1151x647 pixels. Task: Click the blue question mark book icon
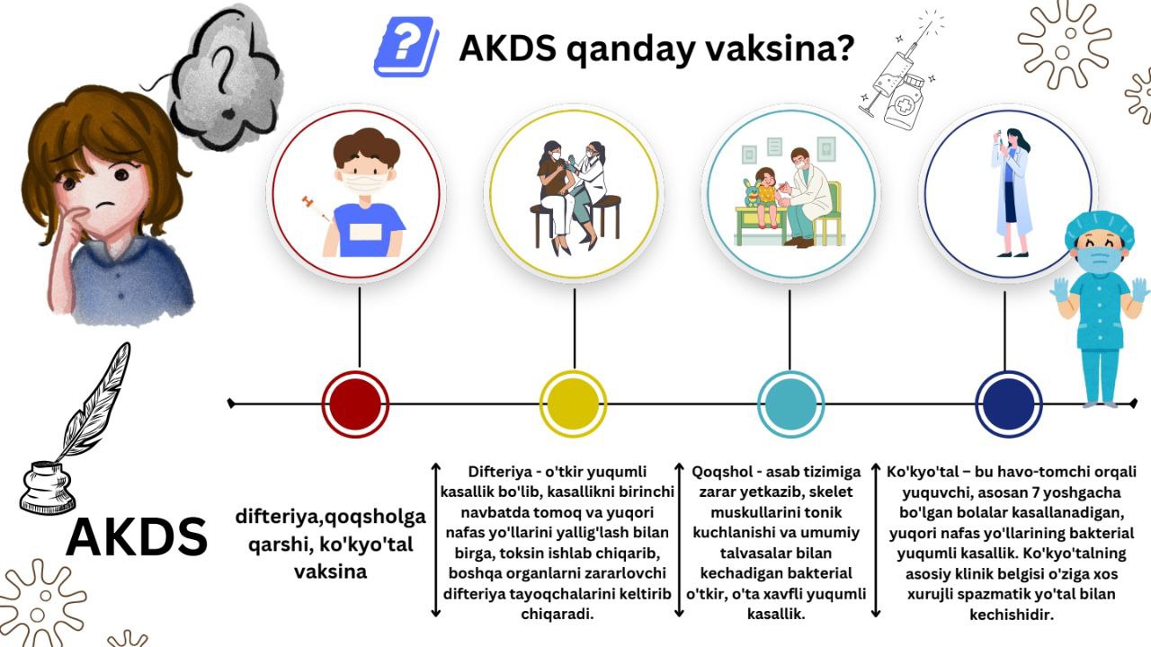coord(406,48)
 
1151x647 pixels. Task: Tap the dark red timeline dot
coord(355,404)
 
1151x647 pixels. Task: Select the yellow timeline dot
coord(573,404)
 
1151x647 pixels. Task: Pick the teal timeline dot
coord(790,404)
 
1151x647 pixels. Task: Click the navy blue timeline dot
coord(1009,404)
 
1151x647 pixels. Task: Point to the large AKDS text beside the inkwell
coord(137,537)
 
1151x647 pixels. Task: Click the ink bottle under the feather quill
coord(48,488)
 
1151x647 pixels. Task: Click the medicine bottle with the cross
coord(904,100)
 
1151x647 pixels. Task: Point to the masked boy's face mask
coord(364,182)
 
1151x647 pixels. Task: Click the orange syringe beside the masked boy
coord(316,208)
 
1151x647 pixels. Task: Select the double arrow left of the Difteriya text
coord(436,540)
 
